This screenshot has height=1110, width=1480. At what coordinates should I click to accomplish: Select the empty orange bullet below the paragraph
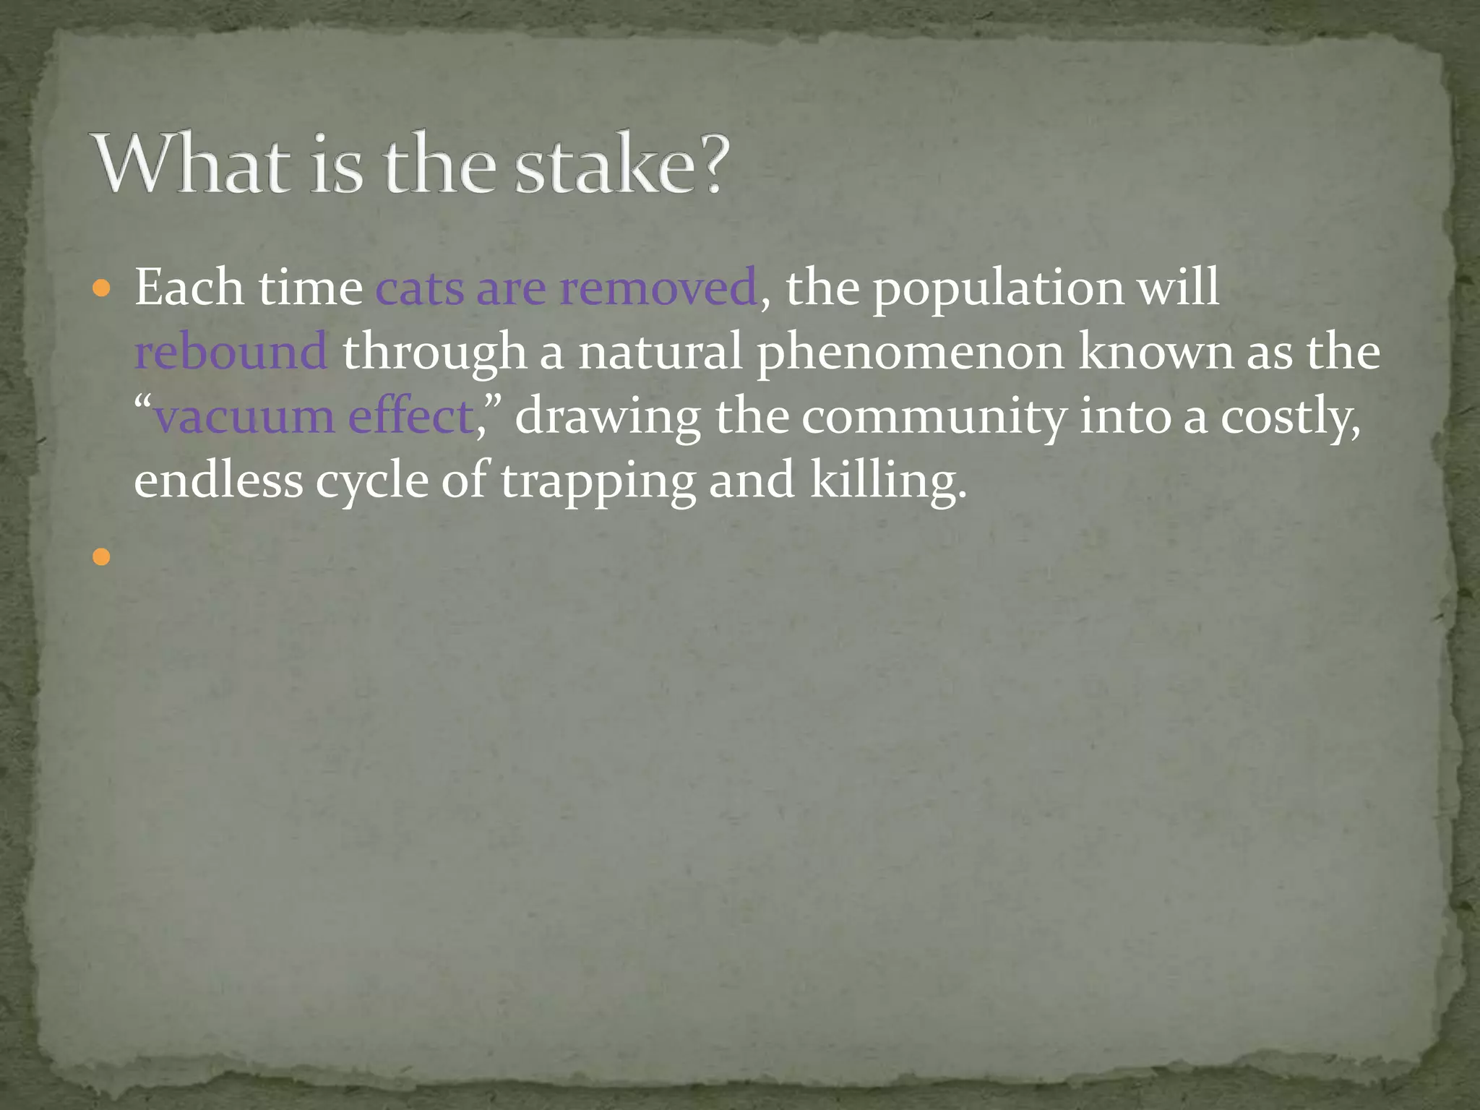pos(102,556)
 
